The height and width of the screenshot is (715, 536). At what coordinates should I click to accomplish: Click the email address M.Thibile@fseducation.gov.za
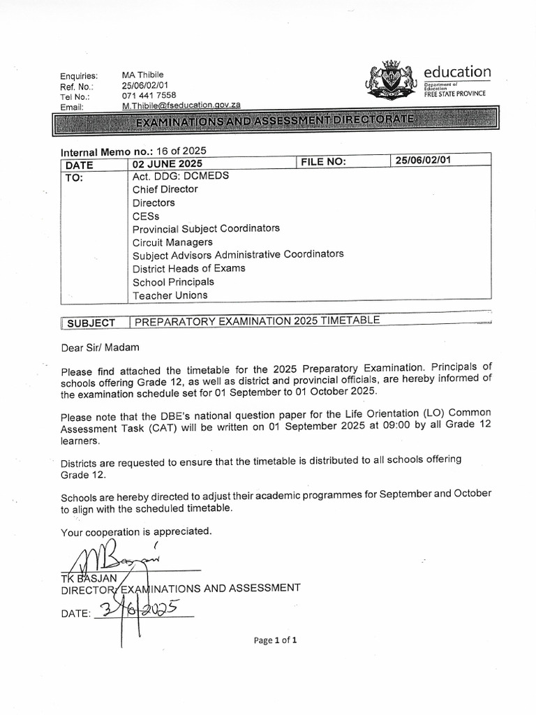point(181,105)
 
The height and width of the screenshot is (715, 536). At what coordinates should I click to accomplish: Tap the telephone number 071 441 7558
point(149,95)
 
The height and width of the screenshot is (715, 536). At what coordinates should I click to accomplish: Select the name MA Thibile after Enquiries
point(142,75)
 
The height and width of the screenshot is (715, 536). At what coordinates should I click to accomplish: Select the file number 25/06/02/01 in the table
point(424,161)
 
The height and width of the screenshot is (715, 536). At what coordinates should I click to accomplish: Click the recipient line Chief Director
point(165,189)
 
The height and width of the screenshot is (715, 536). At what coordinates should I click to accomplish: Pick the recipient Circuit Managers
point(174,242)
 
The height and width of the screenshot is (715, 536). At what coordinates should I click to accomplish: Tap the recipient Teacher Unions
point(170,295)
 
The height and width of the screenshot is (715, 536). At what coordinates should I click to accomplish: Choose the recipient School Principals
point(174,282)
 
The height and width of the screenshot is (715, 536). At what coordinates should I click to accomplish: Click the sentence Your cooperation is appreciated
point(136,531)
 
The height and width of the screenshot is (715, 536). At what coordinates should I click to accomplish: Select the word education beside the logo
point(457,72)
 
